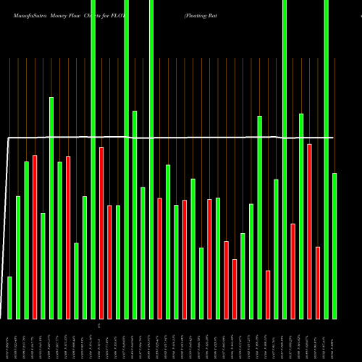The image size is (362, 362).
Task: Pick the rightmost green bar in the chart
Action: [334, 245]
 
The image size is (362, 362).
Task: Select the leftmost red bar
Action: [35, 237]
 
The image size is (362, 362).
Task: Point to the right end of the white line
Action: [333, 137]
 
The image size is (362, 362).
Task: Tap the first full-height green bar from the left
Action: [93, 159]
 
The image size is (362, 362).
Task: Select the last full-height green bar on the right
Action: [326, 159]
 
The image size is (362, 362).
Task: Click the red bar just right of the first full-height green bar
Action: [101, 232]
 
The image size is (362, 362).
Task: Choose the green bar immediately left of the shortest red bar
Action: [259, 217]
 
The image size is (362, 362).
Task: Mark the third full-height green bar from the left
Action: [151, 159]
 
